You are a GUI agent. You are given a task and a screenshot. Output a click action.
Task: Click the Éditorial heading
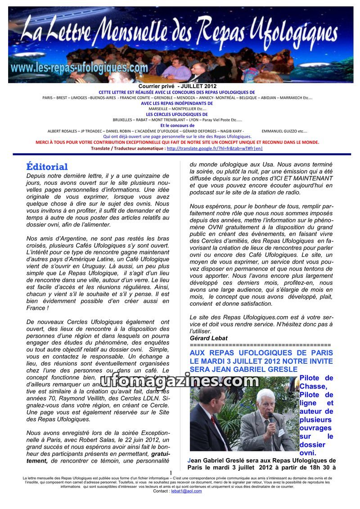47,167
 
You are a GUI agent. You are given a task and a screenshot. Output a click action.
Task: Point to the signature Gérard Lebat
209,338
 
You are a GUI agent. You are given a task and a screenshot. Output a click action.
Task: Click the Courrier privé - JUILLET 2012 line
177,86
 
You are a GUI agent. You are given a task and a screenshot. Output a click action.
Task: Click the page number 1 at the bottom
171,473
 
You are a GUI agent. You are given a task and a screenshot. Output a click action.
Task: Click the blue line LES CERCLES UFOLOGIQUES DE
177,114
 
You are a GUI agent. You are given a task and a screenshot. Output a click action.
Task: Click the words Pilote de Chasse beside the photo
316,382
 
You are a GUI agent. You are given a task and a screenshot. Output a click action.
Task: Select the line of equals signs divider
260,344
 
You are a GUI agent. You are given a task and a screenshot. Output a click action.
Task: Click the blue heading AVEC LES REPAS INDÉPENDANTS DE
177,103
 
